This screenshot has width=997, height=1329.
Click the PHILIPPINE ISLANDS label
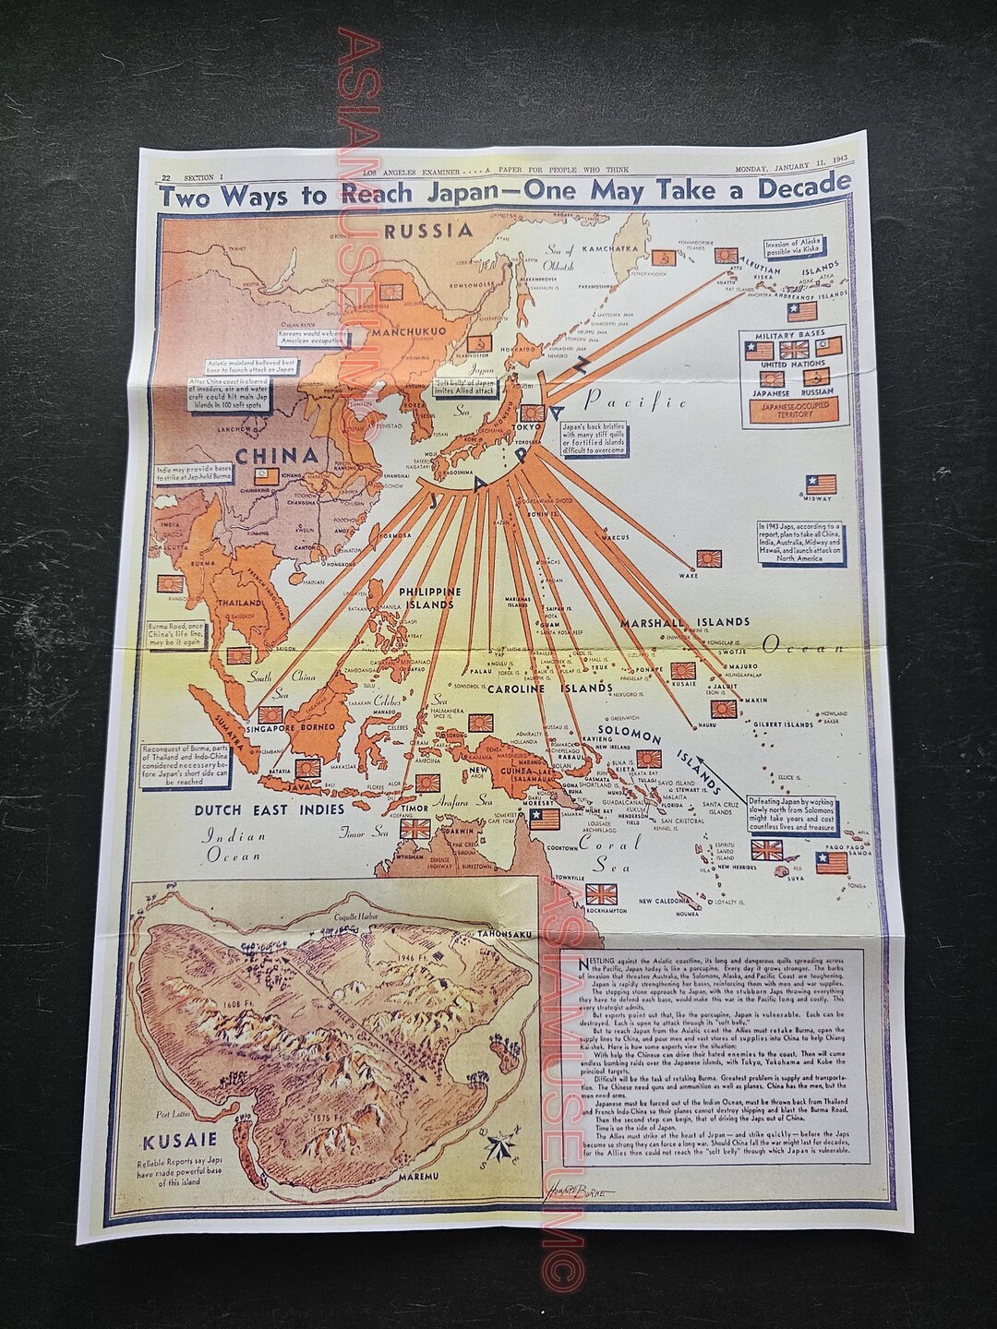[426, 597]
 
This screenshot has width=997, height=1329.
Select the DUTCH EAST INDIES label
[258, 809]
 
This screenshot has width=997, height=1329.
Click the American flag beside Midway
[821, 485]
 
